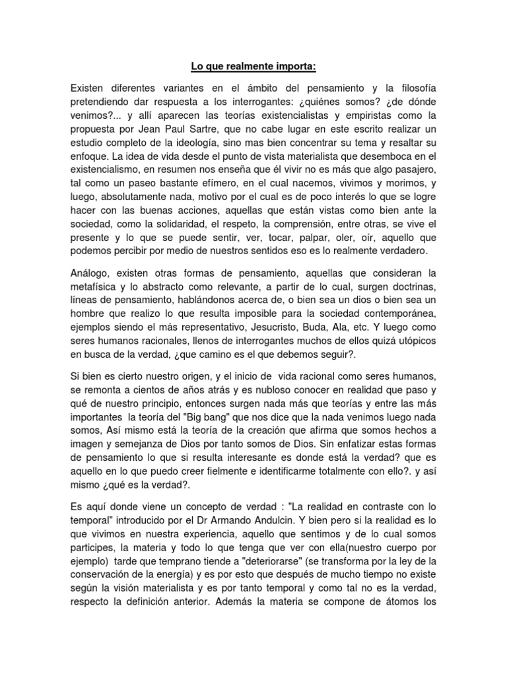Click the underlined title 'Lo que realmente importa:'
click(253, 67)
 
